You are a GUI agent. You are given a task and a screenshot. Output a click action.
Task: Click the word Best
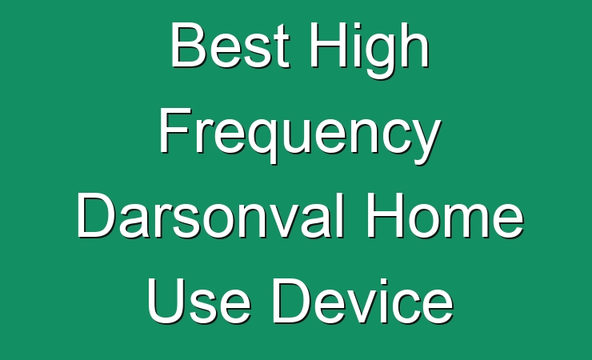[x=230, y=45]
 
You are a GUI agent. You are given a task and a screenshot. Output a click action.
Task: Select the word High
[x=370, y=50]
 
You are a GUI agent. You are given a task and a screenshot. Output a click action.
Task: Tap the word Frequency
[x=300, y=135]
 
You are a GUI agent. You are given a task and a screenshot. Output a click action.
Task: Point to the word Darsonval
[x=210, y=215]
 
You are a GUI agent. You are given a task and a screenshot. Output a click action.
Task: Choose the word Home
[x=445, y=215]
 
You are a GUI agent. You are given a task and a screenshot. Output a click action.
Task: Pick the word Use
[x=198, y=301]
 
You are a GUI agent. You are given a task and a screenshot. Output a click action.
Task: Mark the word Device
[x=362, y=301]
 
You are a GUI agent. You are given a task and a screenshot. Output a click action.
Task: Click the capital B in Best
[x=188, y=45]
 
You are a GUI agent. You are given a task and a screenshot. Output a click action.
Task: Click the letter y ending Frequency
[x=425, y=142]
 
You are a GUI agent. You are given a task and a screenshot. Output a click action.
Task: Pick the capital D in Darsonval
[x=96, y=215]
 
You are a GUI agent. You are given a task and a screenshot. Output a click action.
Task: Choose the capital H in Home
[x=385, y=215]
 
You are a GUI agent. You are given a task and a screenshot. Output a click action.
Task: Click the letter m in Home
[x=466, y=221]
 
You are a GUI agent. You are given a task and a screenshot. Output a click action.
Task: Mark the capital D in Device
[x=292, y=301]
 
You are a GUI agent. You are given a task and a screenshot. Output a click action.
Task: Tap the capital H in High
[x=329, y=45]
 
